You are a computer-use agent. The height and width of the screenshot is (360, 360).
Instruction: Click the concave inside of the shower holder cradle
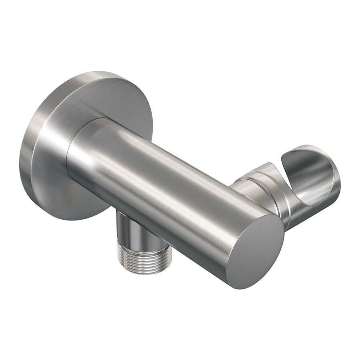(x=316, y=188)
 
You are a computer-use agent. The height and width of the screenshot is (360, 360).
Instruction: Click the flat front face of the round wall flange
(x=68, y=132)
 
